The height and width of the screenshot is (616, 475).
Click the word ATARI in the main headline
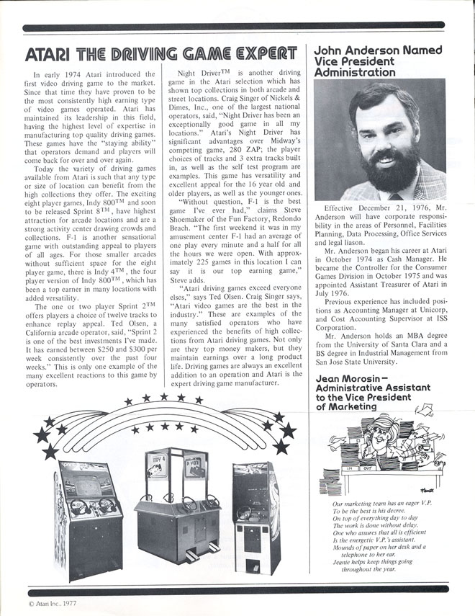[x=47, y=54]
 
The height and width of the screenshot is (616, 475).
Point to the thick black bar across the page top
[x=237, y=28]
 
